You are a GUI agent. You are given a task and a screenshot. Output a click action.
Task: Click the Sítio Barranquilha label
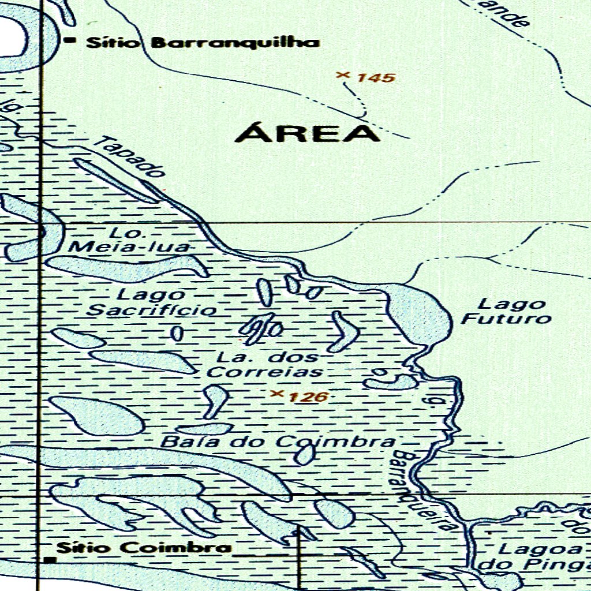pos(203,43)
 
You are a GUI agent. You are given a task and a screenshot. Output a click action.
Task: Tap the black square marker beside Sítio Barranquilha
pos(71,40)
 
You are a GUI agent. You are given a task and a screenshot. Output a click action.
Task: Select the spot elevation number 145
pos(375,77)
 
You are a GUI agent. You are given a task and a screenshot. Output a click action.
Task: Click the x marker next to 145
pos(343,74)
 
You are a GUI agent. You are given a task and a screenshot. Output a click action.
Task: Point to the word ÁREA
pos(308,133)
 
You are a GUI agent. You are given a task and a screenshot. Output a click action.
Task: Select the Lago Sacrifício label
pos(152,302)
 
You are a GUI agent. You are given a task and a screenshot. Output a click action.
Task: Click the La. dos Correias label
pos(265,364)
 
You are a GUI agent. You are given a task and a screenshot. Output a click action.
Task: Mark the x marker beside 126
pos(277,394)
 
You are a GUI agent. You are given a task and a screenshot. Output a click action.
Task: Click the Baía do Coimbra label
pos(278,443)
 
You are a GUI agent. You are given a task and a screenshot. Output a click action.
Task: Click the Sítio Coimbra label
pos(144,548)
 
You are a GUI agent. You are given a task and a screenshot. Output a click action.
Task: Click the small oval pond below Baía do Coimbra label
pos(304,455)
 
